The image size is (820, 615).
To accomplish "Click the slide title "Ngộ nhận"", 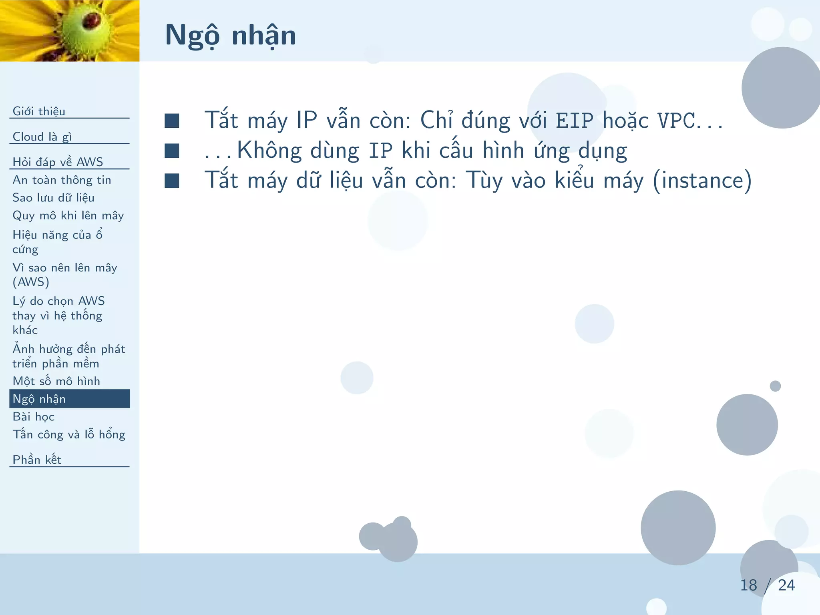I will click(230, 35).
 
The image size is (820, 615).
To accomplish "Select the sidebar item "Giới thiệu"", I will click(39, 111).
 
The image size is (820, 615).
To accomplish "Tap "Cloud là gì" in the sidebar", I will click(42, 137).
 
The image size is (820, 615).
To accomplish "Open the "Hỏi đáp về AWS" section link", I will click(58, 162).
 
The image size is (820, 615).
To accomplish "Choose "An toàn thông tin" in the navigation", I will click(62, 180).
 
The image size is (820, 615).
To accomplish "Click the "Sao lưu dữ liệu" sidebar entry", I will click(53, 198).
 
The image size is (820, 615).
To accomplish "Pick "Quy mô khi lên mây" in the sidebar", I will click(68, 215).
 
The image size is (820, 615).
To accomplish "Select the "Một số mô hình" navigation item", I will click(56, 381).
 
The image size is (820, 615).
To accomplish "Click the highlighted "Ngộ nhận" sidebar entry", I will click(39, 399).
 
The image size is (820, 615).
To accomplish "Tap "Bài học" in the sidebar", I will click(34, 416).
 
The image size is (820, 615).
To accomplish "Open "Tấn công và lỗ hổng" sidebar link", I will click(69, 434).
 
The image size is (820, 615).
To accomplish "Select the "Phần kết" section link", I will click(37, 460).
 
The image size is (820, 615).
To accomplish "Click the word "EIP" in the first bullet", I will click(574, 121).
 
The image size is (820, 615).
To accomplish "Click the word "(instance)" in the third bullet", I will click(702, 180).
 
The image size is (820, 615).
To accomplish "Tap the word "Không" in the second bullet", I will click(269, 151).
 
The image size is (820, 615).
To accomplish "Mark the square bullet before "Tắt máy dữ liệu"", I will click(172, 181).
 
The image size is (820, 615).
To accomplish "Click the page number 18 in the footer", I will click(748, 585).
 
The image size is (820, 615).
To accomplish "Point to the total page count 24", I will click(786, 585).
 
